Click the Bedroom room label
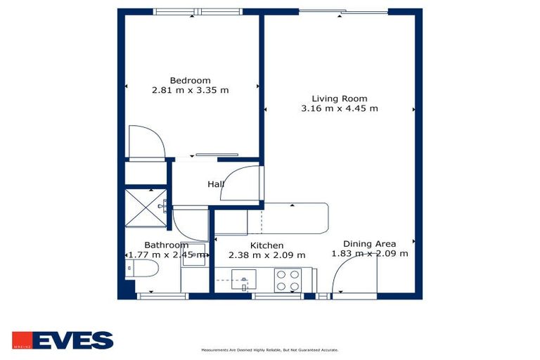coord(190,80)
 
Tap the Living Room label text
coord(340,98)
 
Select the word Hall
coord(215,184)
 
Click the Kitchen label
coord(266,245)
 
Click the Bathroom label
coord(166,245)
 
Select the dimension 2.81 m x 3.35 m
coord(190,90)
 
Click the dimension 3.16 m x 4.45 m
coord(340,108)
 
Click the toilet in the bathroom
coord(143,269)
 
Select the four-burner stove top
coord(288,280)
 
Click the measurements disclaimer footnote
coord(270,349)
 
